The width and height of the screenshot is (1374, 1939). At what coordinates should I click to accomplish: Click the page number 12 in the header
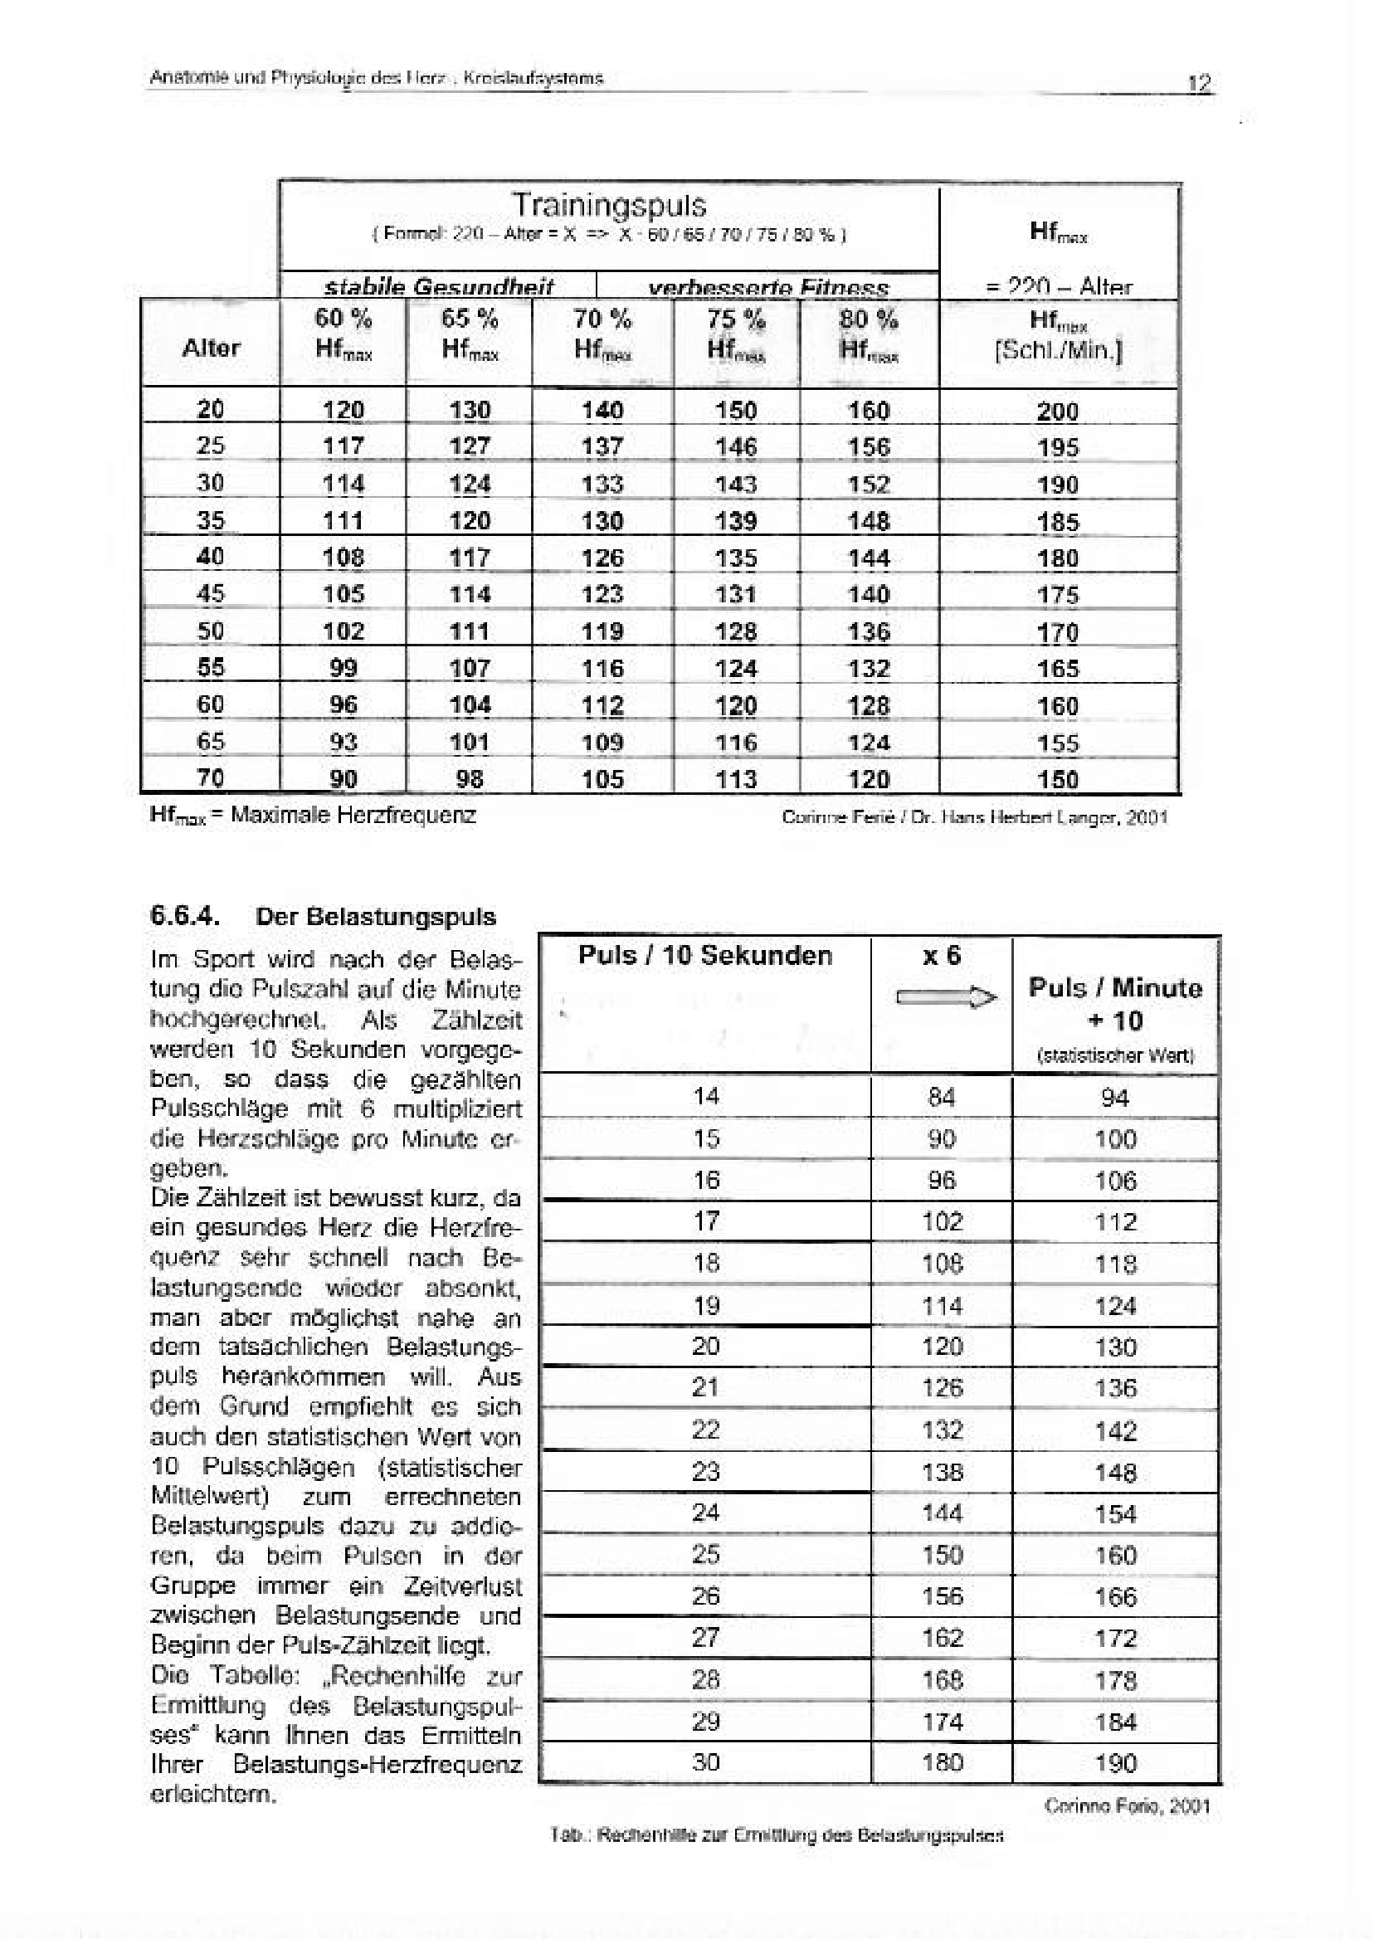pos(1200,83)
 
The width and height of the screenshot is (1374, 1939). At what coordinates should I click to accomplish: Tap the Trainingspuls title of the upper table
pos(608,206)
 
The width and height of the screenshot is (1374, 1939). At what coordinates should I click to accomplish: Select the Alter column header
pos(211,348)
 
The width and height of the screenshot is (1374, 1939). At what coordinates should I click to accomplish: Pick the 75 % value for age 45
pos(735,595)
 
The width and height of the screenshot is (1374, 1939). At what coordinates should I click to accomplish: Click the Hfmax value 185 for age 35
pos(1058,521)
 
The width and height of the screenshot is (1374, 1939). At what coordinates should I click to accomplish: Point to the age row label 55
pos(211,667)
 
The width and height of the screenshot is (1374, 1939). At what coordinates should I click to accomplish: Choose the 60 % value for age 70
pos(343,778)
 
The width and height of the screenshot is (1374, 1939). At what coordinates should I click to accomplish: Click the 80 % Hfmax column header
pos(868,334)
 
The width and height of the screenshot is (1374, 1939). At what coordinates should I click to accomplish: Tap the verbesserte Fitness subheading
pos(768,288)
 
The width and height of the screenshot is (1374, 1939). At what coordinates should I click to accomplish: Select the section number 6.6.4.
pos(184,916)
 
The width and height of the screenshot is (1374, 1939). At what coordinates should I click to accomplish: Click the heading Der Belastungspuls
pos(376,917)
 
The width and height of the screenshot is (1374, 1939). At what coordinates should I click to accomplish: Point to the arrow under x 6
pos(946,998)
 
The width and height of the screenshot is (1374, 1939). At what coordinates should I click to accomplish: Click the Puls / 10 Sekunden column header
pos(704,955)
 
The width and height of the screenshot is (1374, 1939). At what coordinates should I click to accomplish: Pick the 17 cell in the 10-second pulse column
pos(705,1220)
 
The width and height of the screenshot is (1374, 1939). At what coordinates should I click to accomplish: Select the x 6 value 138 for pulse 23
pos(942,1472)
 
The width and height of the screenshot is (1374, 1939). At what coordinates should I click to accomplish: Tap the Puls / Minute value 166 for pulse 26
pos(1115,1596)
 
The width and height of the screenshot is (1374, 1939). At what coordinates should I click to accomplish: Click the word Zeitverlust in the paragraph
pos(462,1586)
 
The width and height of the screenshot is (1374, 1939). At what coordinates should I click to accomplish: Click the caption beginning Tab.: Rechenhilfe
pos(776,1835)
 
